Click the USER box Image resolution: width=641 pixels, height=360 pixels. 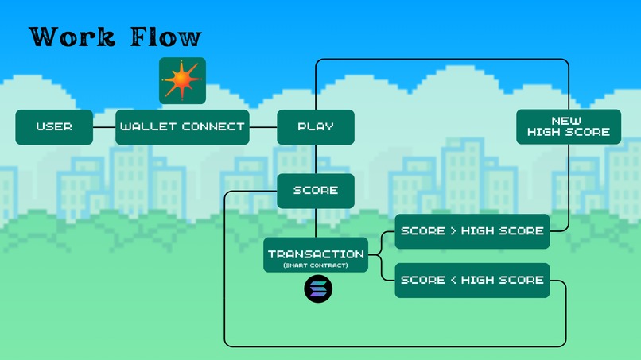coord(54,127)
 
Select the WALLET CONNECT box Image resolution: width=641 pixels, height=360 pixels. coord(182,127)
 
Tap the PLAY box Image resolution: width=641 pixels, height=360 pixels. coord(316,127)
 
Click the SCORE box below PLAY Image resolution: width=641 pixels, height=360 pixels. coord(316,191)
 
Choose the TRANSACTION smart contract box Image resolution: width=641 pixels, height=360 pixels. coord(316,255)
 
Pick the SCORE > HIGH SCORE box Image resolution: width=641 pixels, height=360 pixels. coord(472,231)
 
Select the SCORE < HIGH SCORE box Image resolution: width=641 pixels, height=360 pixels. coord(472,281)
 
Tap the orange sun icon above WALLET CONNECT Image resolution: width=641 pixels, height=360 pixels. coord(182,80)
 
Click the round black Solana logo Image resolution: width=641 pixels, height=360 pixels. coord(318,289)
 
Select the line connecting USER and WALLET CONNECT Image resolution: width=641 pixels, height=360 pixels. coord(104,127)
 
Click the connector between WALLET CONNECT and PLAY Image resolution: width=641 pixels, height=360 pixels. coord(263,127)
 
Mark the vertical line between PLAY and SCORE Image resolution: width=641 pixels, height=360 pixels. coord(316,159)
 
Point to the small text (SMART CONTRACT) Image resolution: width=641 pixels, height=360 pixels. coord(316,265)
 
